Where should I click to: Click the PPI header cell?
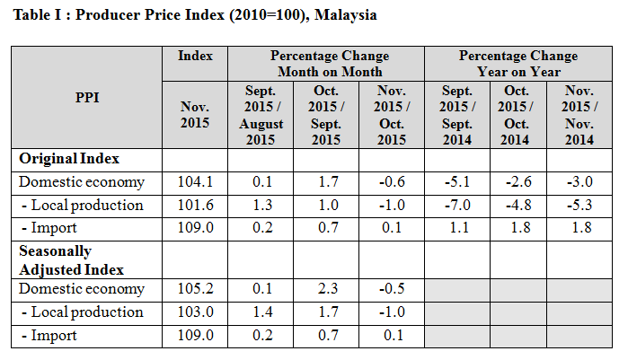click(x=87, y=97)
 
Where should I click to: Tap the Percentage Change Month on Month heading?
click(x=326, y=64)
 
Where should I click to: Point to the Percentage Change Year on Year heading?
click(x=519, y=64)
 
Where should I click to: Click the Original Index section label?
click(x=69, y=159)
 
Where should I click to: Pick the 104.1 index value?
click(x=195, y=182)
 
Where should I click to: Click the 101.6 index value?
click(x=195, y=205)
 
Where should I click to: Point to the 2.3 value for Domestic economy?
click(x=325, y=289)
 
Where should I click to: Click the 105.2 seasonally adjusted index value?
click(x=195, y=289)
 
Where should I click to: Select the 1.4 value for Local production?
click(x=262, y=312)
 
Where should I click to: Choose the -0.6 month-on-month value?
click(x=391, y=182)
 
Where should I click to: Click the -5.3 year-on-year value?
click(x=581, y=205)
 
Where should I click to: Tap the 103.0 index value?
click(x=195, y=312)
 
